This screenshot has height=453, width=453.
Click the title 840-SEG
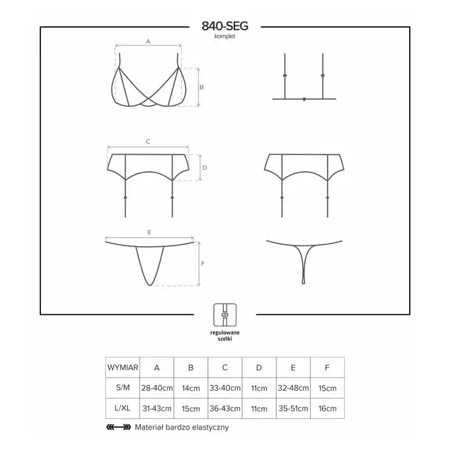(x=225, y=26)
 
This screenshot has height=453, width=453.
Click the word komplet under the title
(x=225, y=36)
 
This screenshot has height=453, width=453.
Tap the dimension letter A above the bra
(x=148, y=42)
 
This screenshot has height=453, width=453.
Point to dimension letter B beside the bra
(x=202, y=87)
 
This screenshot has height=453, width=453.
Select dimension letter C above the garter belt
(x=148, y=142)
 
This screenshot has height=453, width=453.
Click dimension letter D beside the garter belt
(x=205, y=168)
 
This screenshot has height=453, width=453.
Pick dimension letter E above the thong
(x=149, y=232)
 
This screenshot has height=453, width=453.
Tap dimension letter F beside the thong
(x=203, y=264)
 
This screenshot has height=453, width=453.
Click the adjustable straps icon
(x=225, y=314)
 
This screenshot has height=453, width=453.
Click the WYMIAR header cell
(x=122, y=367)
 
